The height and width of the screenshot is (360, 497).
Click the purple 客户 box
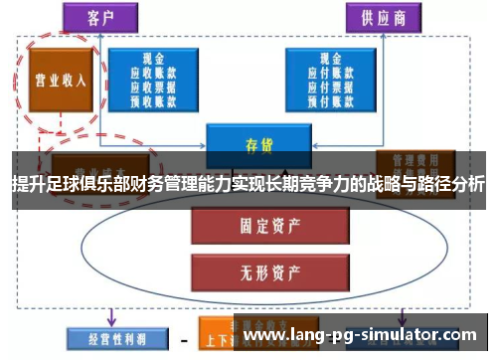(x=100, y=17)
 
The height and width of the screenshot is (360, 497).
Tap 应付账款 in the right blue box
(x=331, y=72)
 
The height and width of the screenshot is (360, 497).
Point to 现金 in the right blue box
(x=331, y=59)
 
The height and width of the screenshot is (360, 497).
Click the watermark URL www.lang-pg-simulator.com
(x=364, y=336)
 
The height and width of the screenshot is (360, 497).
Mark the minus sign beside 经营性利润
(x=184, y=340)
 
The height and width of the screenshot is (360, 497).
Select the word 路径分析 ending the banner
(x=452, y=184)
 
